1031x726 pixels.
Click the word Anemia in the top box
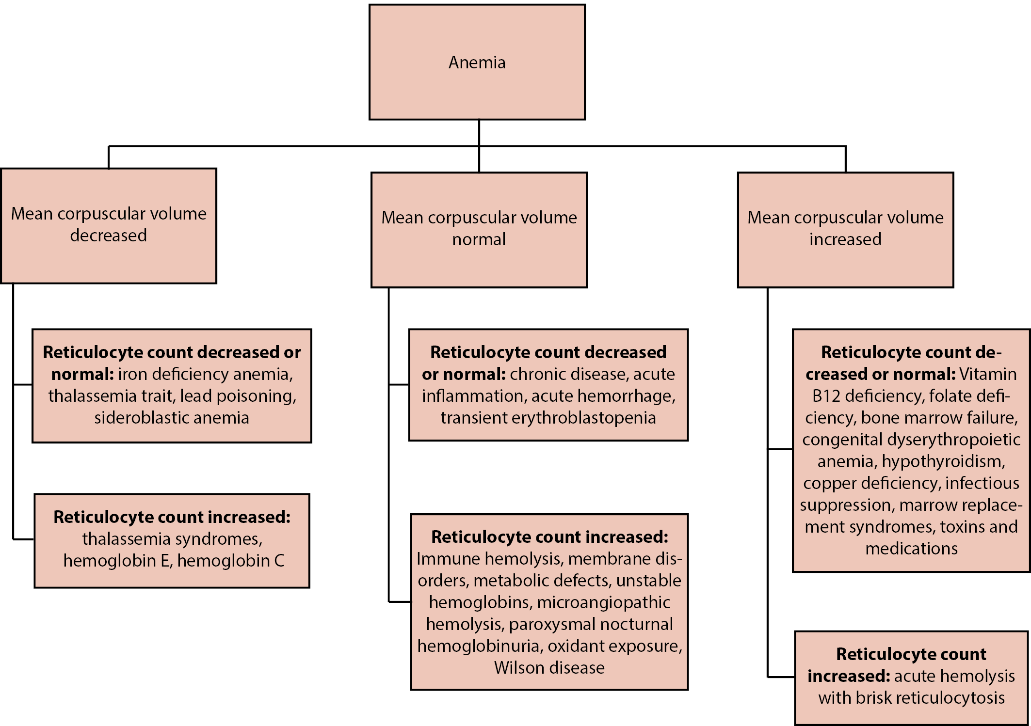(x=477, y=63)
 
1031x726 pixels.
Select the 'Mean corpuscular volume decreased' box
(x=109, y=225)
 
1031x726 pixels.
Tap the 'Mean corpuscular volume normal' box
(x=479, y=229)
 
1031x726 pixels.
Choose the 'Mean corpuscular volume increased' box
(x=845, y=229)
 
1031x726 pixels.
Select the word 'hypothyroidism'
(x=943, y=461)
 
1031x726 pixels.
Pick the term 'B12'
(x=826, y=396)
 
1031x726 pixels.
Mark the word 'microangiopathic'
(x=604, y=602)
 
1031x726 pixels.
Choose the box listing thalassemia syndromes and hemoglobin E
(x=172, y=540)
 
